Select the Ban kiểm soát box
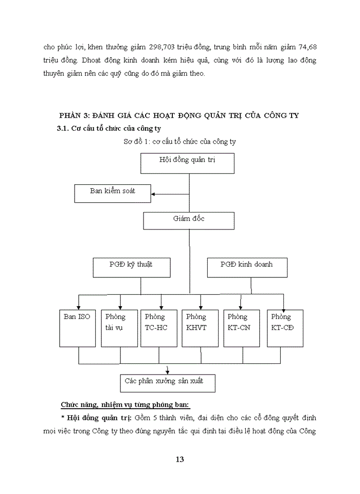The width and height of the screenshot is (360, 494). click(113, 193)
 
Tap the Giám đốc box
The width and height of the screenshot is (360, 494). click(189, 221)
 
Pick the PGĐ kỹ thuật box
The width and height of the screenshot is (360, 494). click(131, 268)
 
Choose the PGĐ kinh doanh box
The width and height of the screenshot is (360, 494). click(247, 268)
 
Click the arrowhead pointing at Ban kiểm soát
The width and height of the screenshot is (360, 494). click(154, 195)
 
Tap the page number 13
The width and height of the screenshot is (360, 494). click(179, 460)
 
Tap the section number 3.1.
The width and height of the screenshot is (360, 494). click(63, 128)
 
